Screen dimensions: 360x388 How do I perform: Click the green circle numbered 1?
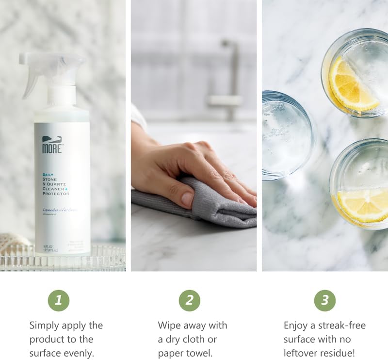click(x=58, y=300)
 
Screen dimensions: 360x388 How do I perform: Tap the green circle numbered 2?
click(x=189, y=300)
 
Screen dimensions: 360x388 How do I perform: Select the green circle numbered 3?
click(x=324, y=300)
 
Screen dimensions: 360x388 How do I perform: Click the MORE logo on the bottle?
click(x=52, y=145)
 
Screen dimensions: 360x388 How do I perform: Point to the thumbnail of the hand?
click(x=187, y=198)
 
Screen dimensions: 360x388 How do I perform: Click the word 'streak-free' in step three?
click(x=339, y=325)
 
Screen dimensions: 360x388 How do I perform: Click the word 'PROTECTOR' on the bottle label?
click(x=55, y=194)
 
